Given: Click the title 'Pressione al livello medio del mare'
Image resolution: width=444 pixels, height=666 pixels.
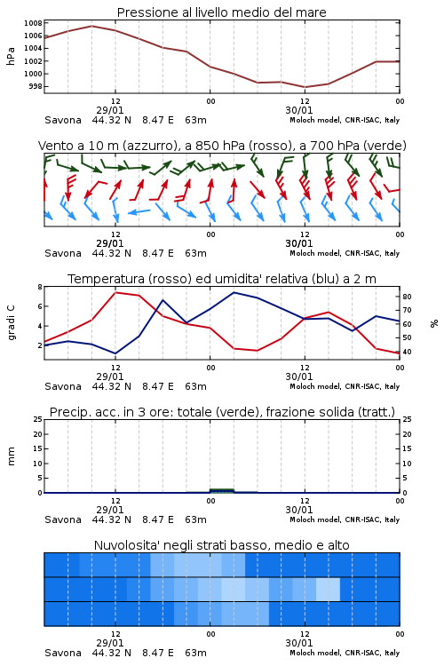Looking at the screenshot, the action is point(222,12).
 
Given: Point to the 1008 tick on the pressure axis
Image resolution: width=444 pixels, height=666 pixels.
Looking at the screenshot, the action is point(33,23).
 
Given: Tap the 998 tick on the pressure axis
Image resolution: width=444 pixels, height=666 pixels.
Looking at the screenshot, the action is point(36,87).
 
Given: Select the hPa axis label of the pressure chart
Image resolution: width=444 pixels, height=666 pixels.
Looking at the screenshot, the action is point(11,56).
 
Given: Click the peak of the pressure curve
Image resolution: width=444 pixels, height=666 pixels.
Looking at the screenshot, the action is point(91,26).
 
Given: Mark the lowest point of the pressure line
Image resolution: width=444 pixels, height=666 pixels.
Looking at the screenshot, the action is point(305,87).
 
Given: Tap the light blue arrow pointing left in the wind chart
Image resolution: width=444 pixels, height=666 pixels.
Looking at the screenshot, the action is point(139,211).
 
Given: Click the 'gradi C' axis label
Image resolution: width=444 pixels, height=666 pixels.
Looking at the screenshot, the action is point(12,323).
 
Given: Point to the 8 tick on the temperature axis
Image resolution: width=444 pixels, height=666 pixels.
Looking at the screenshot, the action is point(40,287).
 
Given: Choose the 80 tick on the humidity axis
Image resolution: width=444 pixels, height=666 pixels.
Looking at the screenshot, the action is point(407,297).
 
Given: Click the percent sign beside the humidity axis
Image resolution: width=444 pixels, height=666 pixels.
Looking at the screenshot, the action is point(434,323).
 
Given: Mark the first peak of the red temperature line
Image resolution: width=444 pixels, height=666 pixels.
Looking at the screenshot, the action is point(115,292).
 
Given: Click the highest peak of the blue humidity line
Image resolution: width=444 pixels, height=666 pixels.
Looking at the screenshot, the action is point(234,292).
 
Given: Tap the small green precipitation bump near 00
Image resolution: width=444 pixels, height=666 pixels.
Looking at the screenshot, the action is point(222,490).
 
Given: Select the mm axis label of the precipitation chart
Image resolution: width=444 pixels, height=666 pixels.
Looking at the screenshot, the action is point(11,456).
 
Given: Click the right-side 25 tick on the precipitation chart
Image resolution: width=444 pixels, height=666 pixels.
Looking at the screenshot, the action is point(407,420).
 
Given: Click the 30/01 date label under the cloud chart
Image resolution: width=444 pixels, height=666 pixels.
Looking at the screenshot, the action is point(299,643).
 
